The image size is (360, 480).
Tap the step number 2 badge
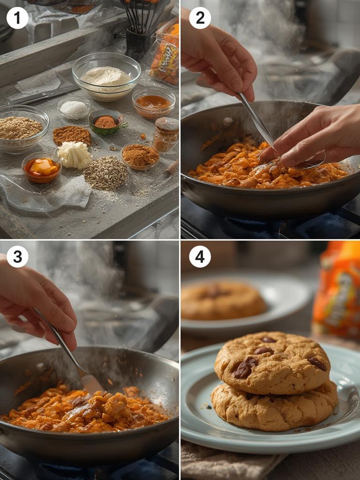click(x=200, y=18)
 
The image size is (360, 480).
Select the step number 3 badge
click(x=17, y=257)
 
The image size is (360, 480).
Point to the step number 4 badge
click(x=200, y=257)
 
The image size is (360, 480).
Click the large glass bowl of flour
click(x=106, y=76)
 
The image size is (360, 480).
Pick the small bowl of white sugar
click(x=74, y=108)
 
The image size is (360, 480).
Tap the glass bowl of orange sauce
click(x=153, y=102)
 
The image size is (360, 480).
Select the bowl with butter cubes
click(x=42, y=167)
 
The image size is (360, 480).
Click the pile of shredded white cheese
click(x=75, y=156)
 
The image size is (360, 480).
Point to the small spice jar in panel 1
click(x=166, y=134)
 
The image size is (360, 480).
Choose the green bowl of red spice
click(x=105, y=122)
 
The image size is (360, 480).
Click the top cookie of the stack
click(x=272, y=362)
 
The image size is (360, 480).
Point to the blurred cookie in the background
click(x=223, y=300)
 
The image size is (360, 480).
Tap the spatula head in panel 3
click(x=91, y=383)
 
